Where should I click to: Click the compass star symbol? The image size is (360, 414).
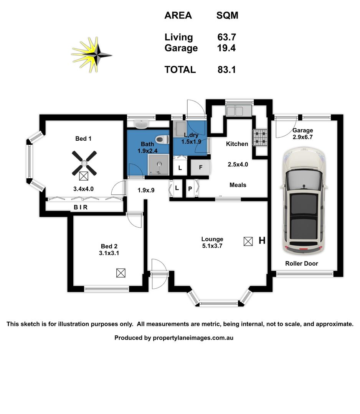(92, 54)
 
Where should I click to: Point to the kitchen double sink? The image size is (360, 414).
(234, 111)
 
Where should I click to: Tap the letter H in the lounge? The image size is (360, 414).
(262, 241)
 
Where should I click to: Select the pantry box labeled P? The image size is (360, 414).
(190, 189)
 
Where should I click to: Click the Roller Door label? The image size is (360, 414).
(301, 263)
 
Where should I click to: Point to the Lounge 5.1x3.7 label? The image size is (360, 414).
(212, 242)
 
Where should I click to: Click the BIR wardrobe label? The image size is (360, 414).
(81, 207)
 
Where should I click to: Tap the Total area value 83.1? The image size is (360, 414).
(226, 70)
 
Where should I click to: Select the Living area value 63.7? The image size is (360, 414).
(226, 37)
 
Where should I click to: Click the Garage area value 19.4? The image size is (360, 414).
(226, 48)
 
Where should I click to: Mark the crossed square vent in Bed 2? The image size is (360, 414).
(121, 273)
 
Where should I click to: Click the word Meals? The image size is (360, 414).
(238, 185)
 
